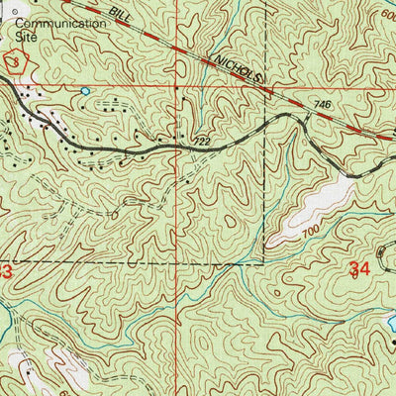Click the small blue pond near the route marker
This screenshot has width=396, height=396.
(x=85, y=91)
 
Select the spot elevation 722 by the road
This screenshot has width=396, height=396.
(x=203, y=142)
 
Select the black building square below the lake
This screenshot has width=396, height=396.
(x=393, y=342)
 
